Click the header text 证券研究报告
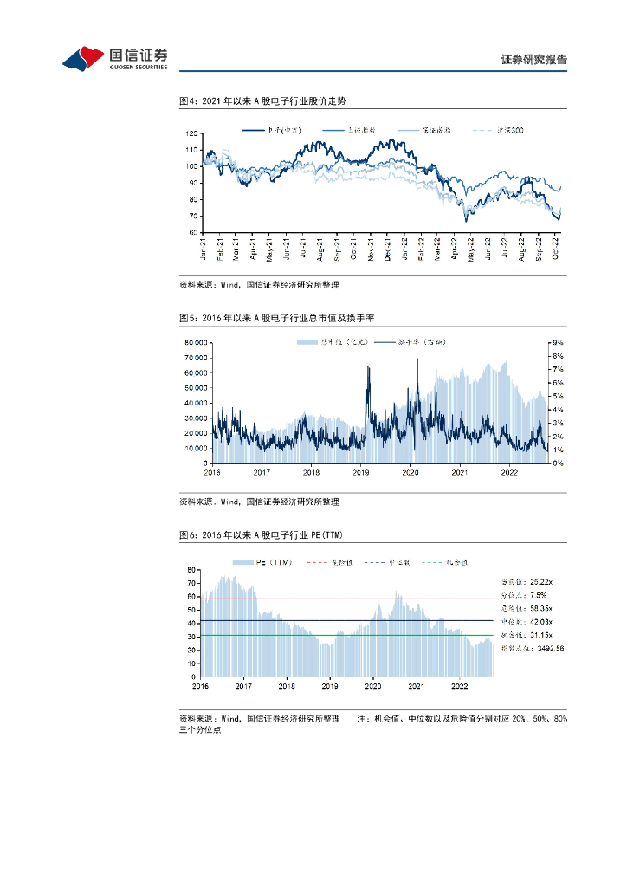point(533,60)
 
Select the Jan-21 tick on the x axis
point(204,249)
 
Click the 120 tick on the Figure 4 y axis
point(192,134)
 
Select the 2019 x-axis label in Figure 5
point(361,472)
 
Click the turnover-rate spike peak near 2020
point(417,359)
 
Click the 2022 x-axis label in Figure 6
point(460,685)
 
